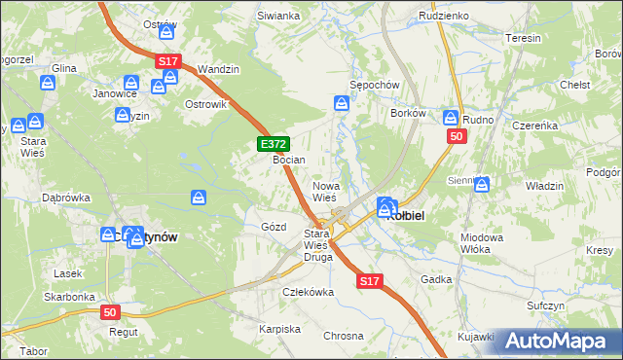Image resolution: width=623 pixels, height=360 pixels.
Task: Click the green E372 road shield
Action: (x=274, y=144)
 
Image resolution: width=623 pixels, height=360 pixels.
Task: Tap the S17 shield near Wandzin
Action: (x=168, y=61)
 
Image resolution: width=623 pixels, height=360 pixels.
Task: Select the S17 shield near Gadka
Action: (x=367, y=281)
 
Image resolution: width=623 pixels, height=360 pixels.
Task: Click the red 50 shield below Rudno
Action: (x=456, y=137)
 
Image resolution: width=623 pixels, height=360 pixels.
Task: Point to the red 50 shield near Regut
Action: (x=112, y=312)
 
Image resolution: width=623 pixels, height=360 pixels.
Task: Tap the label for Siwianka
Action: (x=277, y=17)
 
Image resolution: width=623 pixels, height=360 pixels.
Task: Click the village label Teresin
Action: (x=524, y=38)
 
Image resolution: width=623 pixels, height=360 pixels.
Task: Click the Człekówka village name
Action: (x=308, y=291)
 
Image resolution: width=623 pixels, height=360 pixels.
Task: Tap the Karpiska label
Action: (x=279, y=329)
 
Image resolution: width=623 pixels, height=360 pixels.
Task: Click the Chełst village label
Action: (x=575, y=85)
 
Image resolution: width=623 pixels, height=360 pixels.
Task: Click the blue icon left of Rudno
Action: (x=451, y=118)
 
